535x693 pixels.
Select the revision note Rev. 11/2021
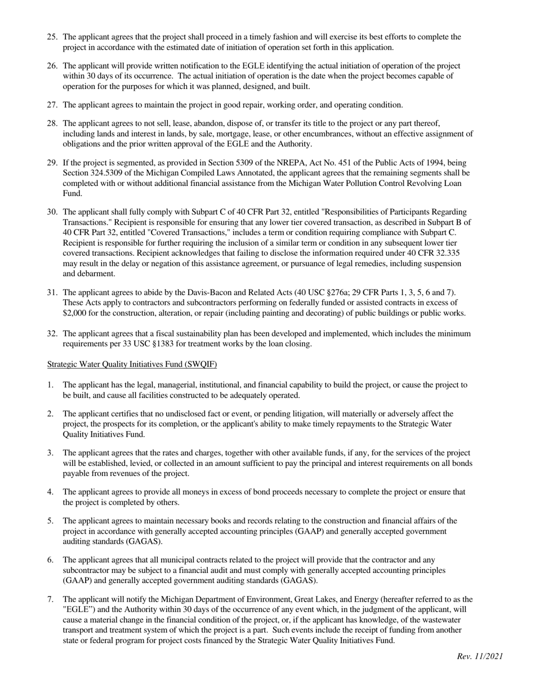pyautogui.click(x=480, y=656)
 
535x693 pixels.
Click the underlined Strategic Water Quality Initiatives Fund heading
pyautogui.click(x=132, y=364)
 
